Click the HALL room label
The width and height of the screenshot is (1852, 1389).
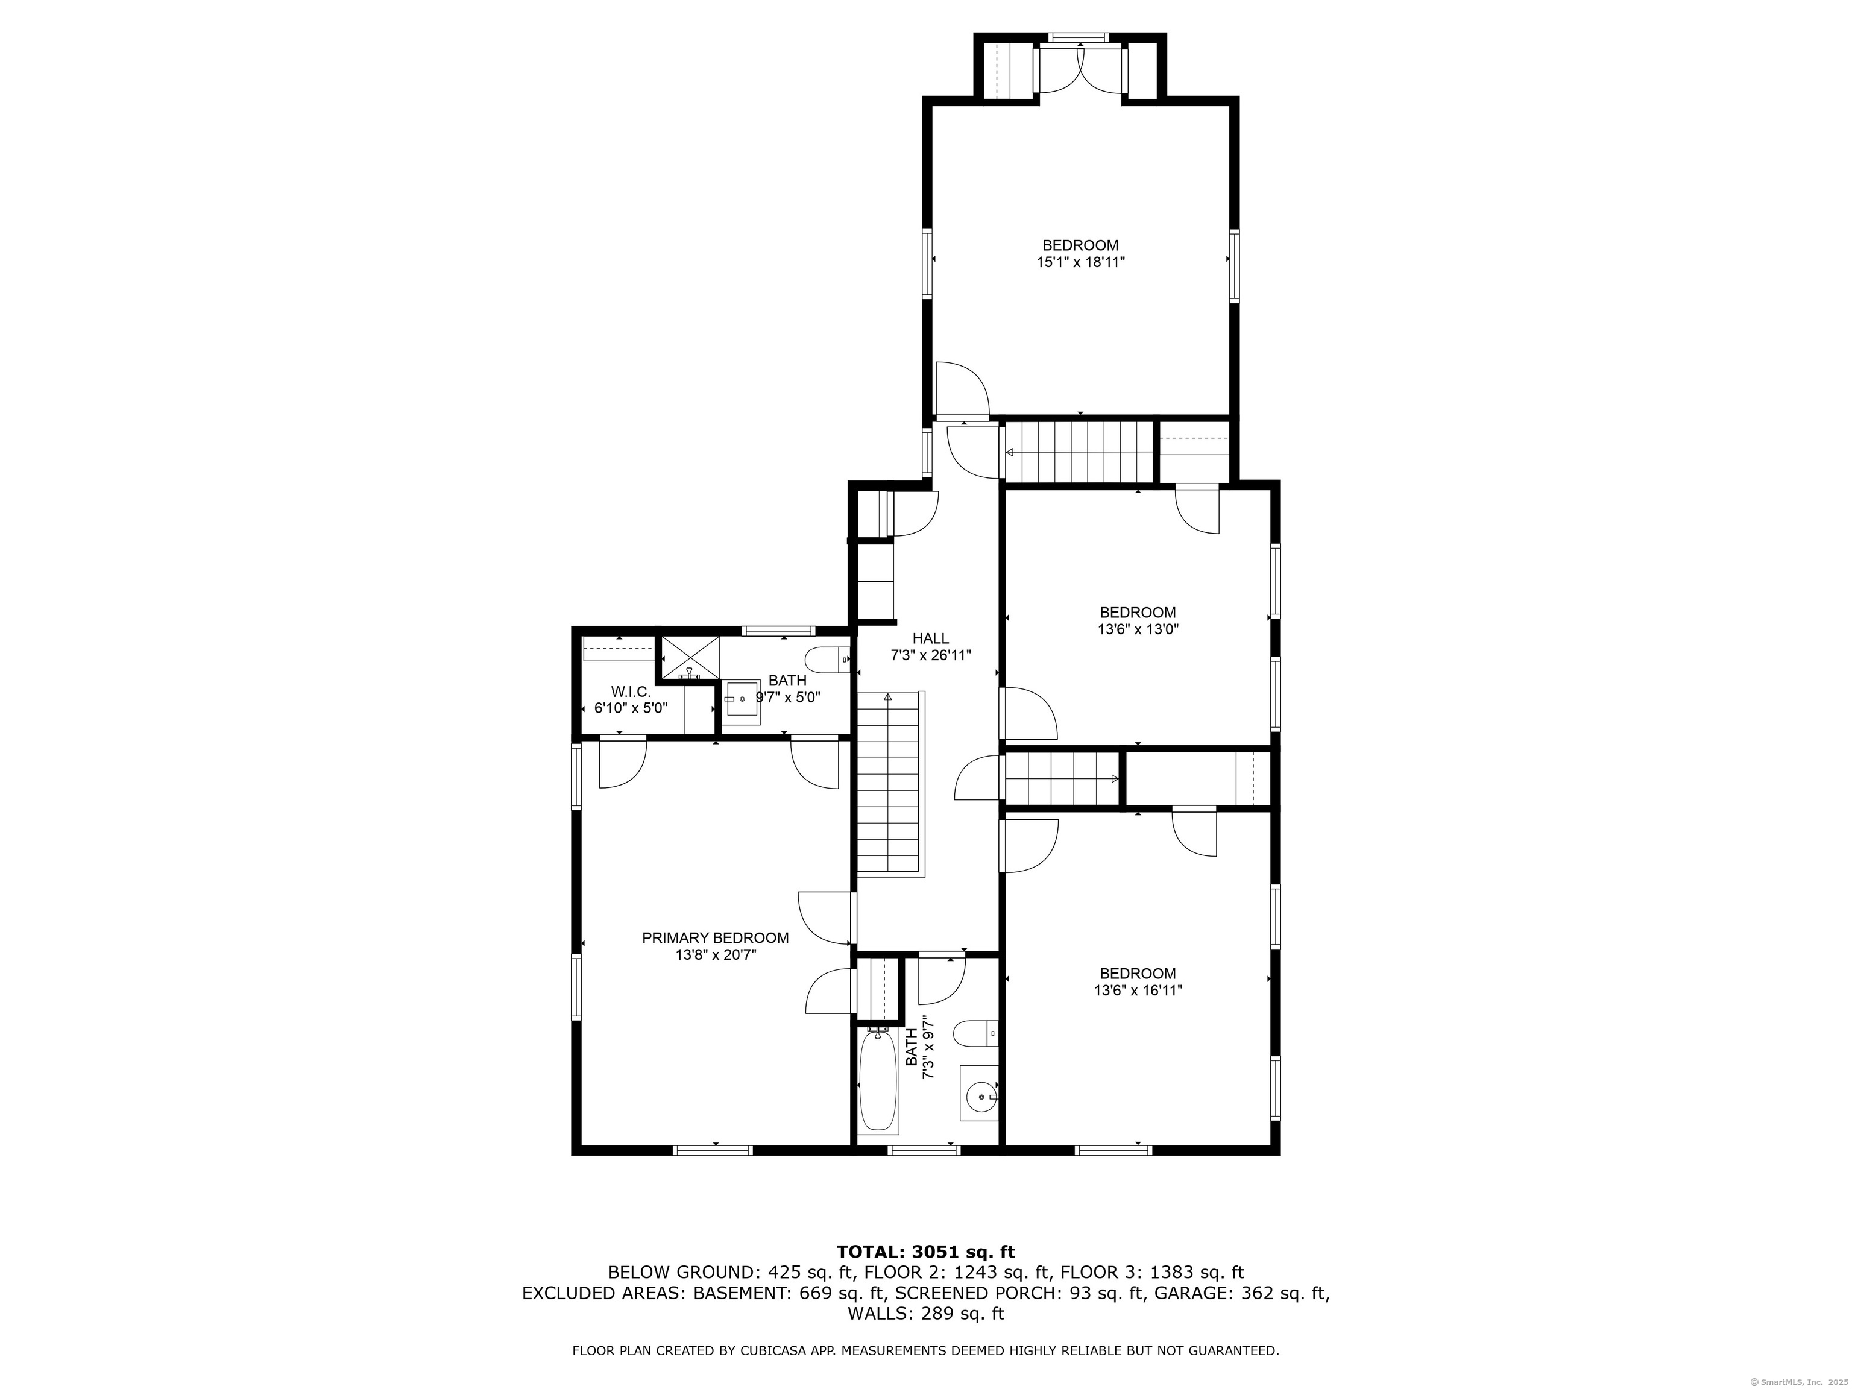[x=930, y=639]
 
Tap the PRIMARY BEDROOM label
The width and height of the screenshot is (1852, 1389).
[x=715, y=937]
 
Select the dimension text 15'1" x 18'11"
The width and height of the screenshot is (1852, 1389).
[x=1080, y=262]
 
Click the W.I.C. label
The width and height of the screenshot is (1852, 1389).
[x=631, y=691]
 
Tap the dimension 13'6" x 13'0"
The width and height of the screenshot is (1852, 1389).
[x=1138, y=629]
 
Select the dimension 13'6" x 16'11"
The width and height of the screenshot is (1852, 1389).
[x=1138, y=991]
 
